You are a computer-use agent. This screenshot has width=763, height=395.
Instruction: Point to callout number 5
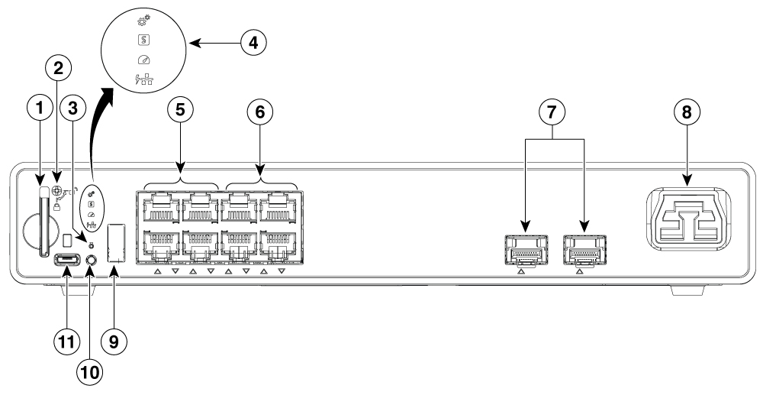[181, 109]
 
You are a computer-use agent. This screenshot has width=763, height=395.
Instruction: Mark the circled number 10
[89, 373]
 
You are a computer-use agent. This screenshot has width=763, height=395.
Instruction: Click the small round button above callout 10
[92, 260]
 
